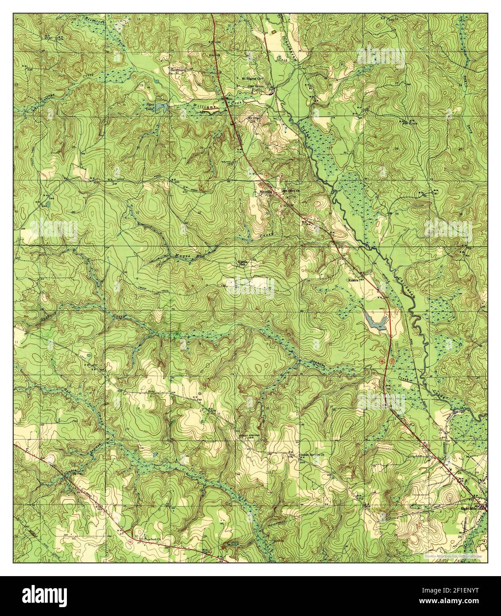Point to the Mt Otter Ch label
[x=254, y=118]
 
